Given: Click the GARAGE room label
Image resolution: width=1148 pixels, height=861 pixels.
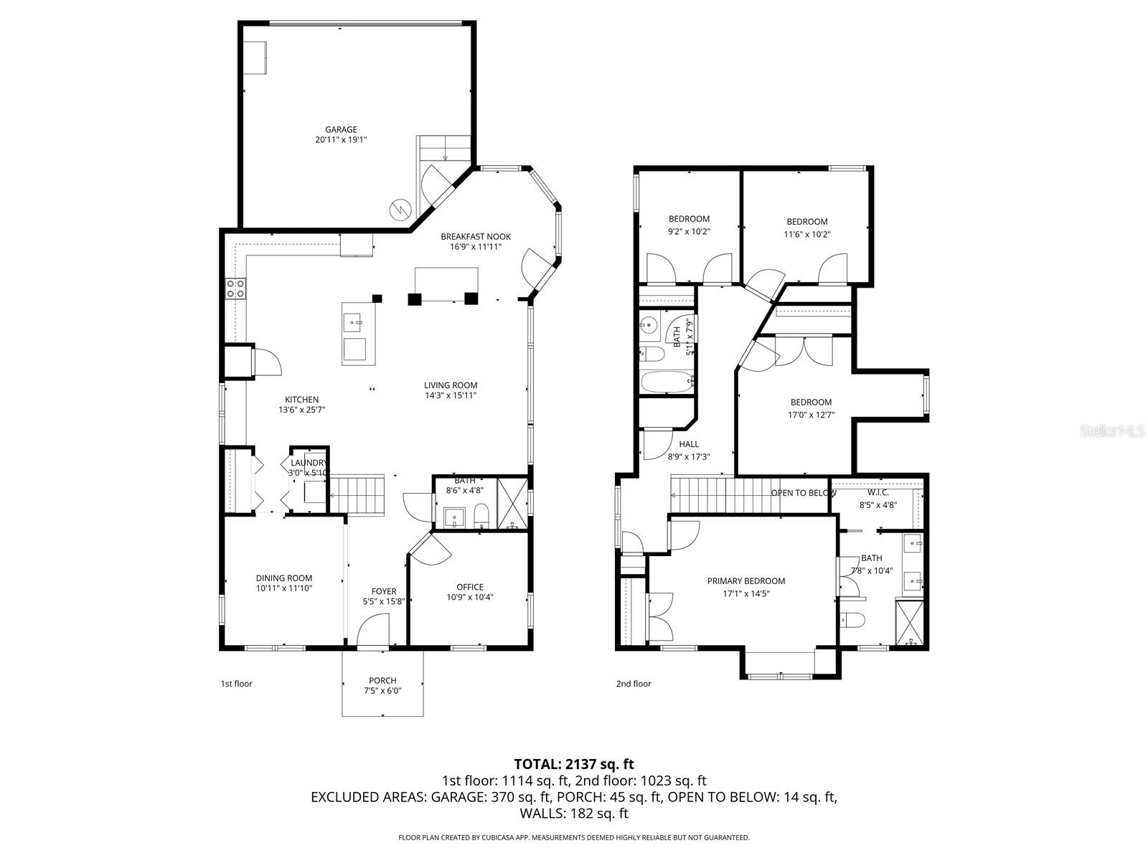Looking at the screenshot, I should coord(341,130).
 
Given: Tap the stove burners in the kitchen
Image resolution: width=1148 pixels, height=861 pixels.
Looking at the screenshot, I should coord(235,288).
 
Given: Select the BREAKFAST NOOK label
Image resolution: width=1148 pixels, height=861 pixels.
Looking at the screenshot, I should coord(476,237).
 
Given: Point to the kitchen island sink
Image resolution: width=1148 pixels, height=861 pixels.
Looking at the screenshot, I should coord(353,323).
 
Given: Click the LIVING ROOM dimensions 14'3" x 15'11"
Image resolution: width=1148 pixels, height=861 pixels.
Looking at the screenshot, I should coord(450,395).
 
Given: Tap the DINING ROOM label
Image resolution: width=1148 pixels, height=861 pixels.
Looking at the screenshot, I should coord(284,578).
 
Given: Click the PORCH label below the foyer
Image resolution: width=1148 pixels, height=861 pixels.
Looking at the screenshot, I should coord(382,680).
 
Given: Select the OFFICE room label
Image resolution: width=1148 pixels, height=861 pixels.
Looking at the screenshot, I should coord(470,587).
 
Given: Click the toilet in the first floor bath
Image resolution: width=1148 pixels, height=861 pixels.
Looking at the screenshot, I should coord(481,515).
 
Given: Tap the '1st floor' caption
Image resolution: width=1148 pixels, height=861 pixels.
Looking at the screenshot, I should coord(236,684).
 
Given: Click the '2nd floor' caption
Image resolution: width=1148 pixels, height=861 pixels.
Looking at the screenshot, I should coord(634,684).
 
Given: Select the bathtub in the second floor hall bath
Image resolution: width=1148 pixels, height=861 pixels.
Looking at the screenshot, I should coord(666,382).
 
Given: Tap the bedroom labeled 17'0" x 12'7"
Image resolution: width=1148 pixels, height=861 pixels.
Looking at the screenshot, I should coord(811,403).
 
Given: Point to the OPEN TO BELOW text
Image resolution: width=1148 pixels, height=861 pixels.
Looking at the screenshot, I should coord(803,493).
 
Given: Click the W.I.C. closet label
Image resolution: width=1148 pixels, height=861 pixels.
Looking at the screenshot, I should coord(878,492).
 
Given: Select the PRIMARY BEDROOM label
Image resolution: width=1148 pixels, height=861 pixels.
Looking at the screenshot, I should coord(746,581).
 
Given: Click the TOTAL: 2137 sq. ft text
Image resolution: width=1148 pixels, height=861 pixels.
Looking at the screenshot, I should coord(574,764).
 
